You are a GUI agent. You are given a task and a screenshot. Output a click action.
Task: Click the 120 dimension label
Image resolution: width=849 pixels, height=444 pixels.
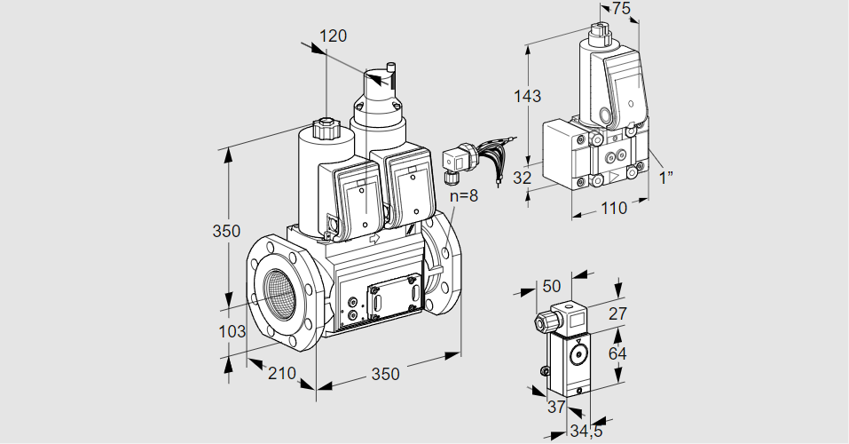[x=334, y=36]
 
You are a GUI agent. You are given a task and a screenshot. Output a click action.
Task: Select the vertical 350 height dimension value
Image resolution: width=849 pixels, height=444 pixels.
[x=226, y=232]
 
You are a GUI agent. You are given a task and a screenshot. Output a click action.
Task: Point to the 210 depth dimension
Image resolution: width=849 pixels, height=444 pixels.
[x=282, y=374]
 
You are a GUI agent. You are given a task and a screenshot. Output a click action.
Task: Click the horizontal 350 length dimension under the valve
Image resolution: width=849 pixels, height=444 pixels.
[x=384, y=374]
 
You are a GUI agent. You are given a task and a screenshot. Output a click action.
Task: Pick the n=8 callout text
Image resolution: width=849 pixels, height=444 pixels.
[x=463, y=195]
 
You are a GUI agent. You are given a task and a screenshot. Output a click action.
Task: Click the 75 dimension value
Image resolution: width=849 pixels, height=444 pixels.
[x=622, y=9]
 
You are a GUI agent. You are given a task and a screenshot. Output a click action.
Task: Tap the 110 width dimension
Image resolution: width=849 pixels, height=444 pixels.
[x=611, y=209]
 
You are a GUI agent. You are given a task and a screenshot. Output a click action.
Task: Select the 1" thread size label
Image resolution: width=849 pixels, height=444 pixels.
[x=666, y=177]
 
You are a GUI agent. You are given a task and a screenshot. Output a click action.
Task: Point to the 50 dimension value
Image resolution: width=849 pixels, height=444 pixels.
[x=552, y=286]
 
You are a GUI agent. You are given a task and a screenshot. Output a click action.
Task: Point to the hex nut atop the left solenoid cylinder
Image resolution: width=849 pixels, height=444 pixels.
[x=326, y=131]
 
